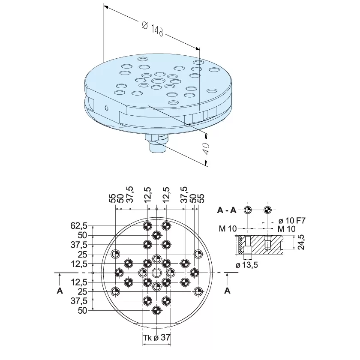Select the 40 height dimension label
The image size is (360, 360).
(206, 149)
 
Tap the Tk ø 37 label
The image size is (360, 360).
(157, 338)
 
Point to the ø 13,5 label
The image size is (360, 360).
(247, 265)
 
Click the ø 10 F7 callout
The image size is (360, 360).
(292, 221)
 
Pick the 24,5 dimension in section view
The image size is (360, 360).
(301, 242)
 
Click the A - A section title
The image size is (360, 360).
(227, 210)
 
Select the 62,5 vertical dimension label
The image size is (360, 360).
(79, 226)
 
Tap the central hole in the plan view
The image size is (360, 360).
(156, 273)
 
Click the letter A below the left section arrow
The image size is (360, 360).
(60, 291)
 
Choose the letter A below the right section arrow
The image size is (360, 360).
(227, 291)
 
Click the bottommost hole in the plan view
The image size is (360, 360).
(156, 310)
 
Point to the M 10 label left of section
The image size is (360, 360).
(228, 229)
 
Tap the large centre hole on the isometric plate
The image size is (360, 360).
(159, 81)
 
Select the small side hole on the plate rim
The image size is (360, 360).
(106, 108)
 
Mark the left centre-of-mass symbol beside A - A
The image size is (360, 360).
(248, 210)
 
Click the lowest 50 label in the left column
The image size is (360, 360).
(82, 310)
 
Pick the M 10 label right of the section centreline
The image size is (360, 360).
(287, 229)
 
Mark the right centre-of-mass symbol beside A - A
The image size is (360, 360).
(267, 210)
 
